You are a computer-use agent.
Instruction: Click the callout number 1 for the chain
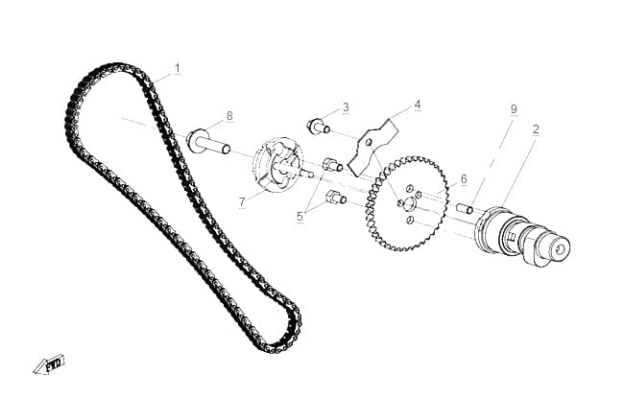(178, 68)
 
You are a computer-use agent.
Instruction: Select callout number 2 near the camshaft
(536, 129)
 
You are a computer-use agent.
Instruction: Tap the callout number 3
(346, 107)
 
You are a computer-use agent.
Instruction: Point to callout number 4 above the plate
(417, 105)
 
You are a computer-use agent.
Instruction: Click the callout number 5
(300, 217)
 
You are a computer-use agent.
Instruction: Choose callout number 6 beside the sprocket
(464, 179)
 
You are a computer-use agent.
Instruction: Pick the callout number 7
(242, 202)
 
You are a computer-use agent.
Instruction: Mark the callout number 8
(229, 116)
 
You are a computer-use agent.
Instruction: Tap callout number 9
(514, 108)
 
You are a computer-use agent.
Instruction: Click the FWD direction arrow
(49, 364)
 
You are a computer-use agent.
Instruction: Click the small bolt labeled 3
(319, 127)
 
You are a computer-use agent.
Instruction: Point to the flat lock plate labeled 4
(372, 147)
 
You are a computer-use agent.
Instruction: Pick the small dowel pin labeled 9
(465, 208)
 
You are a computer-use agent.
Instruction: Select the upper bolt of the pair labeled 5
(332, 164)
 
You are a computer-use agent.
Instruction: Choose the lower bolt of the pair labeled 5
(336, 198)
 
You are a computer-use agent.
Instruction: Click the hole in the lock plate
(369, 142)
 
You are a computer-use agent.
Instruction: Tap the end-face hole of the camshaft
(561, 249)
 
